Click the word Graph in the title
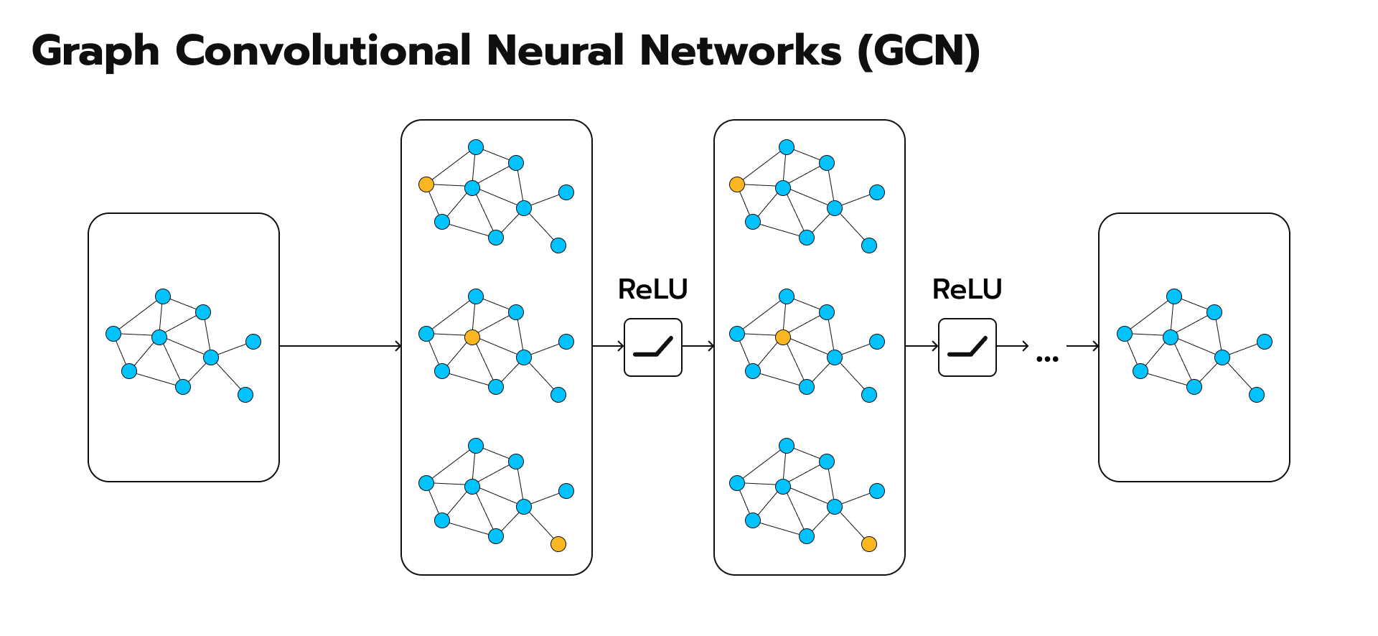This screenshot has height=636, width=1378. pyautogui.click(x=95, y=52)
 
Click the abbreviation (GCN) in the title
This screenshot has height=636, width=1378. pyautogui.click(x=919, y=52)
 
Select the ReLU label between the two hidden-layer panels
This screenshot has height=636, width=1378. pyautogui.click(x=653, y=289)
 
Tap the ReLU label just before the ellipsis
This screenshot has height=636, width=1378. pyautogui.click(x=967, y=289)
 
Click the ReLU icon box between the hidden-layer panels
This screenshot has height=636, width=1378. pyautogui.click(x=653, y=347)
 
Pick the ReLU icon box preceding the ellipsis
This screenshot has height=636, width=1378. pyautogui.click(x=967, y=347)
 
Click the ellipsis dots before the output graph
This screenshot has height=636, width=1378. pyautogui.click(x=1047, y=359)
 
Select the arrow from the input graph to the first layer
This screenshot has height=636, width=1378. pyautogui.click(x=340, y=347)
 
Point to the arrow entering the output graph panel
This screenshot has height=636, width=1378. pyautogui.click(x=1083, y=347)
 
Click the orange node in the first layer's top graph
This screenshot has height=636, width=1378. pyautogui.click(x=426, y=184)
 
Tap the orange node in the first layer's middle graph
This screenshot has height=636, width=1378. pyautogui.click(x=472, y=337)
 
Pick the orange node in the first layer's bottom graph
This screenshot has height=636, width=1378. pyautogui.click(x=558, y=544)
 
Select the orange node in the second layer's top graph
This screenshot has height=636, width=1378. pyautogui.click(x=737, y=184)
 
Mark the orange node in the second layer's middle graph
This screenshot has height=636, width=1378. pyautogui.click(x=783, y=337)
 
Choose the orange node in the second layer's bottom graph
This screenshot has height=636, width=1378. pyautogui.click(x=869, y=544)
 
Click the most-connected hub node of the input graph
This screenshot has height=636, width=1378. pyautogui.click(x=159, y=337)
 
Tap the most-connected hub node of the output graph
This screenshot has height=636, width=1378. pyautogui.click(x=1171, y=337)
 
